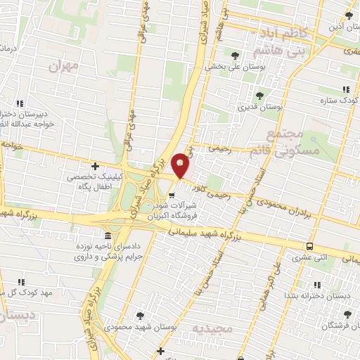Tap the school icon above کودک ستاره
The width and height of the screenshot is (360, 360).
(x=345, y=89)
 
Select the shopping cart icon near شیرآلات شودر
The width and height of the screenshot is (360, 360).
(x=173, y=195)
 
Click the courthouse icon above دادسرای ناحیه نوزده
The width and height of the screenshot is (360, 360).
(x=107, y=236)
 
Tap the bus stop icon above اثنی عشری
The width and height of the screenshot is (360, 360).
(x=309, y=246)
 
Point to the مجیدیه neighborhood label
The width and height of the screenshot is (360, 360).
(x=233, y=329)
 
